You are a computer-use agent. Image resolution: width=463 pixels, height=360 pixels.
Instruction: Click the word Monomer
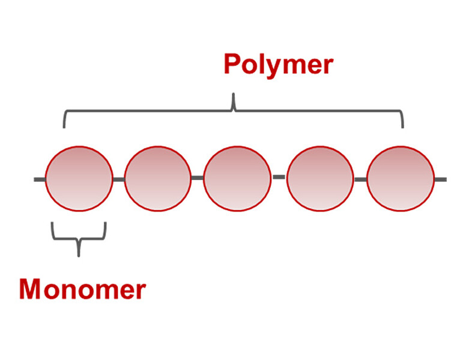point(82,290)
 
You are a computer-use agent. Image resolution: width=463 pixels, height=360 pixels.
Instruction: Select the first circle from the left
point(79,178)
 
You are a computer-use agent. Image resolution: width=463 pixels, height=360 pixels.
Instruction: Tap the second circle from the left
point(157,178)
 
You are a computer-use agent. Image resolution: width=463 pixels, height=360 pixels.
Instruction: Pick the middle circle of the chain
point(237,178)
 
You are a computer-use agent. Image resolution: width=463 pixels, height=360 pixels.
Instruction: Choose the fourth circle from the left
point(320,178)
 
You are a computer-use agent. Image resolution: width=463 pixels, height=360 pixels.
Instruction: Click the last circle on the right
point(400,178)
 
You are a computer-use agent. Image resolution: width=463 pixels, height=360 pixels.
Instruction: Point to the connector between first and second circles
point(118,179)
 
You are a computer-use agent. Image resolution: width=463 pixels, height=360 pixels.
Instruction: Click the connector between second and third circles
point(197,178)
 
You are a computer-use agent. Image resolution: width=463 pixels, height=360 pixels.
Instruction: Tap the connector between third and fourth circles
point(279,177)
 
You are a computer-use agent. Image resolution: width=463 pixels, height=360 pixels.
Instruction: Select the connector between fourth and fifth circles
point(360,179)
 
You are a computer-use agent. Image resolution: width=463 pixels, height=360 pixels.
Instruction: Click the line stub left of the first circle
point(39,179)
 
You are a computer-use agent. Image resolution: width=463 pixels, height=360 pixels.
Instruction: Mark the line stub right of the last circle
point(440,179)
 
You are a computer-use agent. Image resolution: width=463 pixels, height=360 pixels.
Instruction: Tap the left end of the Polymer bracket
point(64,124)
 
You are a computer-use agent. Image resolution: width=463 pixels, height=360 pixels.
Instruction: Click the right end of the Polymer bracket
point(402,124)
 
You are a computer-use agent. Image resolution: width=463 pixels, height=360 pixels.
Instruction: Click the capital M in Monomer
point(31,290)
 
